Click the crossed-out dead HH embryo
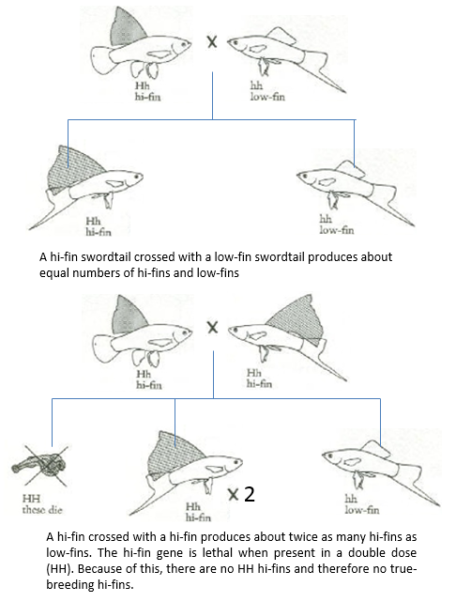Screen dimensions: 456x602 (x=40, y=466)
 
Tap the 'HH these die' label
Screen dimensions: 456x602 (x=42, y=504)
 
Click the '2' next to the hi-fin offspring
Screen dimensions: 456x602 (x=250, y=494)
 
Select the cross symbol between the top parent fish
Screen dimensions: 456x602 (x=212, y=42)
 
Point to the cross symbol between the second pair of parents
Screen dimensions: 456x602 (x=212, y=328)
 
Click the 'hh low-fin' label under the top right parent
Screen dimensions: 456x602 (x=267, y=91)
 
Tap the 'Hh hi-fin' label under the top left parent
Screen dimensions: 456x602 (x=147, y=91)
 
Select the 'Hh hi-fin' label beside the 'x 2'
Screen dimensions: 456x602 (x=198, y=512)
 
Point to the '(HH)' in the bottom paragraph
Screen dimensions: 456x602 (x=59, y=568)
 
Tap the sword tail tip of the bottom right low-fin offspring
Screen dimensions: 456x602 (x=438, y=504)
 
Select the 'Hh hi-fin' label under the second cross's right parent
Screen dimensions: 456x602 (x=259, y=378)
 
